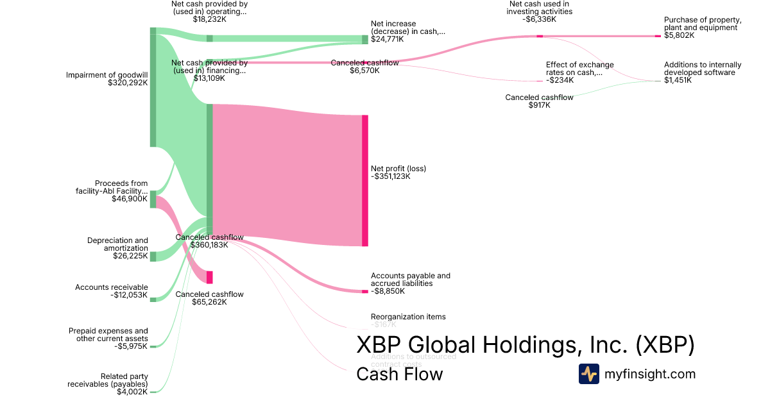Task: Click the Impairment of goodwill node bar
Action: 153,87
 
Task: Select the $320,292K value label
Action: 128,83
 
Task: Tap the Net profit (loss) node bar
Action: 365,180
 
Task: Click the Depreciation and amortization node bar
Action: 153,257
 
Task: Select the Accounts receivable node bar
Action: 153,299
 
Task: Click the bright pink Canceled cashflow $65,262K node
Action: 209,277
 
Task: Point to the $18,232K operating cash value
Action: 209,19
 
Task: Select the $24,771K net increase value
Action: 387,39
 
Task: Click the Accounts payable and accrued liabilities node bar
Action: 365,291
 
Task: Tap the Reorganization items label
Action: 408,317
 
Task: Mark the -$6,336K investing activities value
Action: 539,19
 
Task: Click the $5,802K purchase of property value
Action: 679,35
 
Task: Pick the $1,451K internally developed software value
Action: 678,80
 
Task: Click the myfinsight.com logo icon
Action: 589,374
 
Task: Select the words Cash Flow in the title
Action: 399,374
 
